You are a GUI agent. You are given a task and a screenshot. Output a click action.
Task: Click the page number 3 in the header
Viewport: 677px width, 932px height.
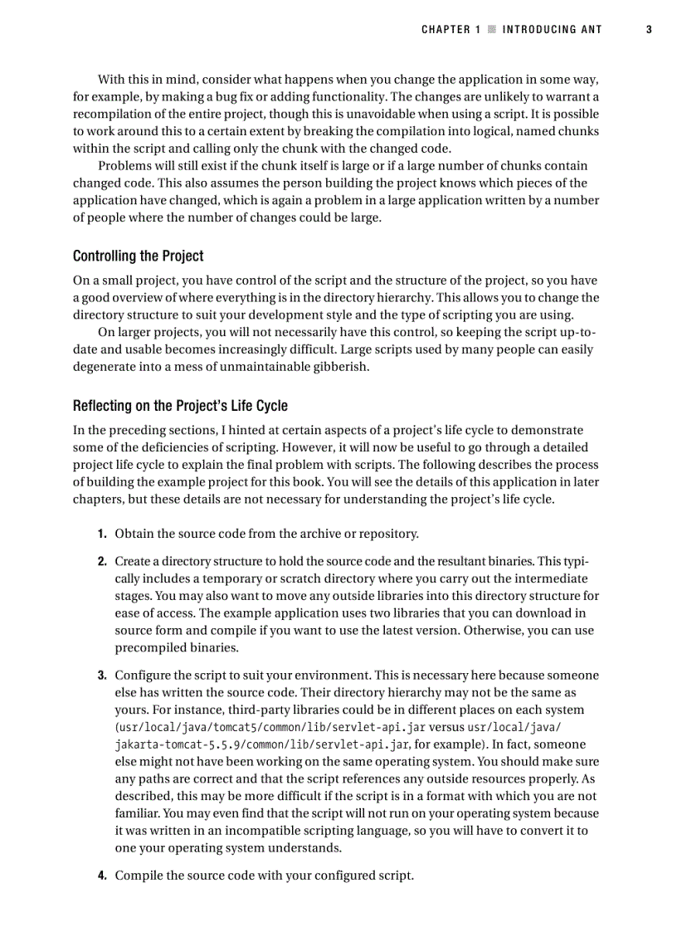click(649, 30)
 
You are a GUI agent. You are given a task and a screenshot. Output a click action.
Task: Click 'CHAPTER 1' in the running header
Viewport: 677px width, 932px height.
click(451, 30)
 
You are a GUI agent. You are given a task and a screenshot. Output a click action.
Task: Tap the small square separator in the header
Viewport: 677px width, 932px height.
click(491, 30)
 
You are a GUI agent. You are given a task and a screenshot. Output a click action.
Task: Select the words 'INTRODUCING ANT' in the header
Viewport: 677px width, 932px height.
click(552, 30)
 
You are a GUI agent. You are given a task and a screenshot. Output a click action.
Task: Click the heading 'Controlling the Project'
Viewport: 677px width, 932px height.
click(138, 256)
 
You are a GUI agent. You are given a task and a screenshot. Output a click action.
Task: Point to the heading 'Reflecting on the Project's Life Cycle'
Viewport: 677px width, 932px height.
click(180, 406)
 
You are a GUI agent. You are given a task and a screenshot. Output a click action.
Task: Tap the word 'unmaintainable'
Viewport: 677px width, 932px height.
click(265, 367)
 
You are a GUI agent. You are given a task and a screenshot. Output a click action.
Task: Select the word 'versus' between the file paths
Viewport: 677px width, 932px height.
click(446, 728)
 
